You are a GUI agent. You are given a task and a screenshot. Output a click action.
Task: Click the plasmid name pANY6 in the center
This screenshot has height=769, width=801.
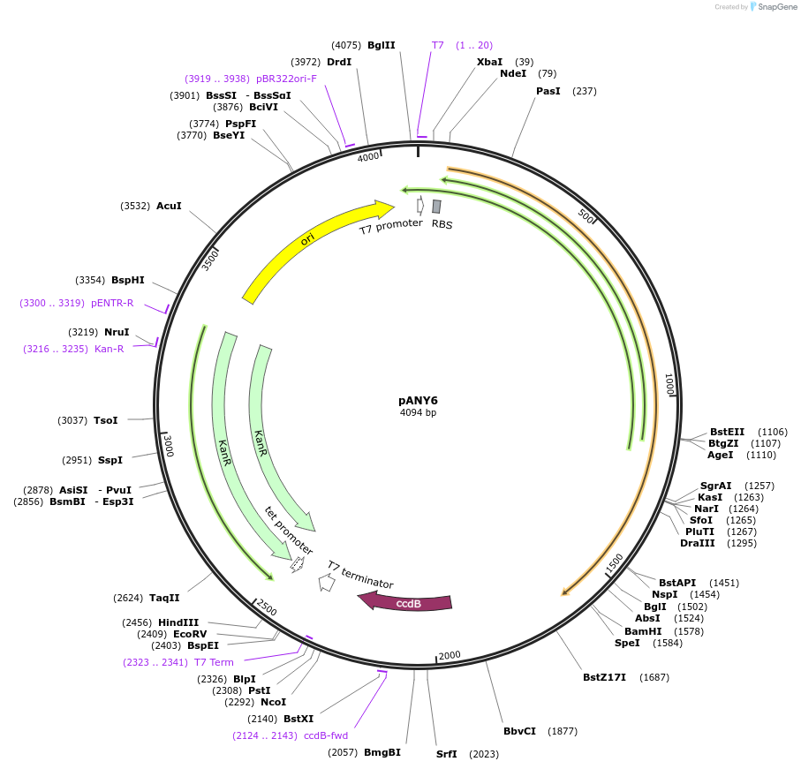(x=418, y=399)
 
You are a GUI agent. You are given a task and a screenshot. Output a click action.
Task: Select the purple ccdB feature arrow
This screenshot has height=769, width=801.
(x=406, y=603)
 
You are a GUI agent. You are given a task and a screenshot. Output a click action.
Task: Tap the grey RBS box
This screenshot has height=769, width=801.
(x=436, y=207)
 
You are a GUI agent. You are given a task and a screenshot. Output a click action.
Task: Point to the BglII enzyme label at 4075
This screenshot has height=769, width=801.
(x=382, y=45)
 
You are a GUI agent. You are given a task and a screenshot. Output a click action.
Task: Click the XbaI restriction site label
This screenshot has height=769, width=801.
(x=489, y=62)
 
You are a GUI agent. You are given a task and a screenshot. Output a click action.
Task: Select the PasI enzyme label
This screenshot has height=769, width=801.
(x=548, y=91)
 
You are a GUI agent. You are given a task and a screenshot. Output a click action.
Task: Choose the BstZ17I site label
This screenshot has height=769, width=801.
(x=604, y=677)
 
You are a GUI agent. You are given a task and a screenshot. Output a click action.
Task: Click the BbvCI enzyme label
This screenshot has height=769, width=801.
(x=520, y=731)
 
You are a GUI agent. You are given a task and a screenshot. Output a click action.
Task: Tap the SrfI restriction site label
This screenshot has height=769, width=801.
(x=447, y=754)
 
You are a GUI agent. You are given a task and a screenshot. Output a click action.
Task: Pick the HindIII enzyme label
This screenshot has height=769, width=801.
(x=178, y=622)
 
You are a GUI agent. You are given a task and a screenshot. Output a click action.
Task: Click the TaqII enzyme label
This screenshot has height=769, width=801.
(x=164, y=598)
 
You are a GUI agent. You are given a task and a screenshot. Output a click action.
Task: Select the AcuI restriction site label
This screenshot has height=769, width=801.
(x=169, y=206)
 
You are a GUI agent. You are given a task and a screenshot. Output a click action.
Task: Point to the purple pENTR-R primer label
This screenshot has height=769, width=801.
(x=112, y=303)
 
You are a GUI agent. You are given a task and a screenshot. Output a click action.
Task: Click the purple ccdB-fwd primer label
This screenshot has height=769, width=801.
(x=326, y=735)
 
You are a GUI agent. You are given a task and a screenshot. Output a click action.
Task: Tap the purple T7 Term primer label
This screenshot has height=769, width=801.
(x=214, y=662)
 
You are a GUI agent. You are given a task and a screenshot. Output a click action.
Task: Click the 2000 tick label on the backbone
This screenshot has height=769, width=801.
(x=450, y=654)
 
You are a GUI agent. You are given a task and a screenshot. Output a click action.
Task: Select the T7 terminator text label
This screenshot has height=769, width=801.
(x=360, y=575)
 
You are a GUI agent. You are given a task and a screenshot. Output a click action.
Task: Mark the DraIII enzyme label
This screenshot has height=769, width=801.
(x=698, y=543)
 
